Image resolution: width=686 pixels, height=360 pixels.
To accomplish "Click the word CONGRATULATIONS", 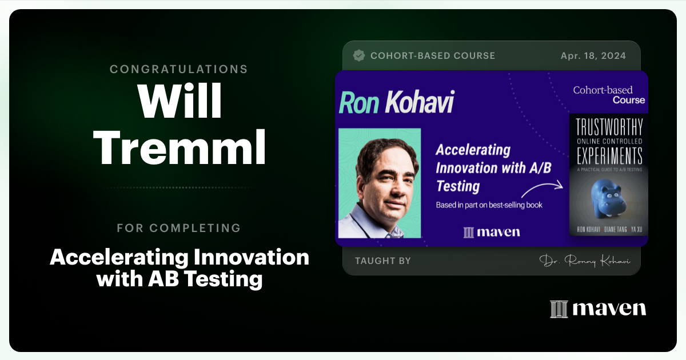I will (179, 69).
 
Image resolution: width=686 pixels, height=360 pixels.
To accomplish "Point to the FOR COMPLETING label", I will (179, 228).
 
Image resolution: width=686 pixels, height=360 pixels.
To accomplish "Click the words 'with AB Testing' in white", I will (180, 279).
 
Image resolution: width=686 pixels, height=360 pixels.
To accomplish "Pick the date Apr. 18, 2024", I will (593, 55).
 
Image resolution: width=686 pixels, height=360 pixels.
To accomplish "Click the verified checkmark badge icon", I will (359, 55).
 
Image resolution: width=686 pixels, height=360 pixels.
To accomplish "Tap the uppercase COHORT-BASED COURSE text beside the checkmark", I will (433, 55).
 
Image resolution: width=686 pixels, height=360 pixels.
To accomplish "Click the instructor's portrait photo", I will (380, 183).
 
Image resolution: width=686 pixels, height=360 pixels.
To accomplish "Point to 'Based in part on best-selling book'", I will (489, 205).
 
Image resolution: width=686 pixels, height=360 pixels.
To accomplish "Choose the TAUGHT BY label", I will (382, 261).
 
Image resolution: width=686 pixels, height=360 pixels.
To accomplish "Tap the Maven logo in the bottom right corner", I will (597, 309).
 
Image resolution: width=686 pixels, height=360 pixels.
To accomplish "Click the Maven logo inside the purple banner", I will (491, 231).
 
